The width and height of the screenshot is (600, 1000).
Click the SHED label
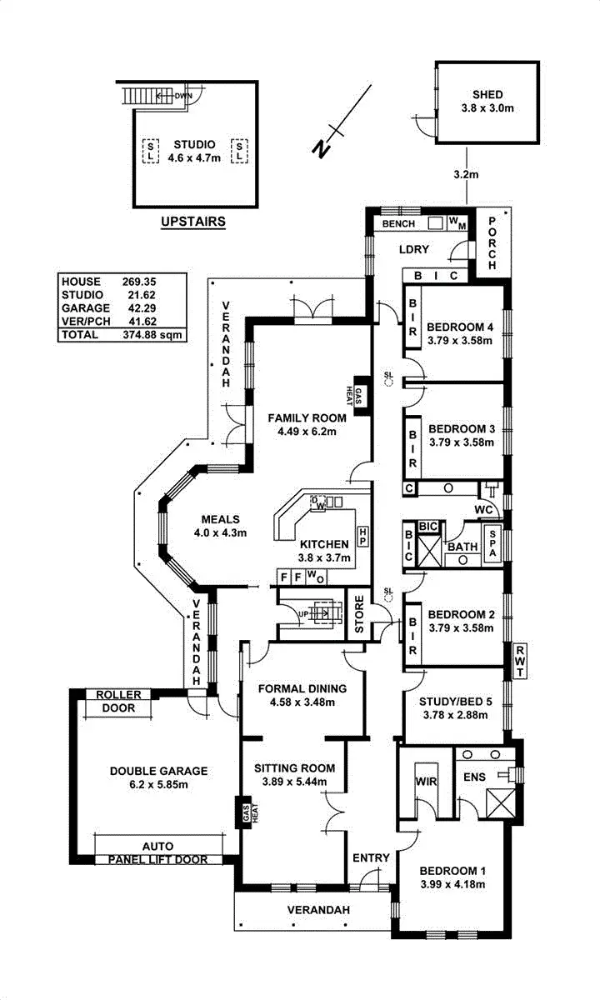tap(487, 95)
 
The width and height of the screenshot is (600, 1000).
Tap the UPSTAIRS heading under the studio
tap(192, 222)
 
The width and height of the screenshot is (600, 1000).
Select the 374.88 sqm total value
tap(147, 335)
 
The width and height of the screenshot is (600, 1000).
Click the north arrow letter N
tap(321, 148)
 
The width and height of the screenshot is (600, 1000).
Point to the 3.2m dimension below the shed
tap(466, 175)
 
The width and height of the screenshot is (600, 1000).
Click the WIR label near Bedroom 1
tap(425, 782)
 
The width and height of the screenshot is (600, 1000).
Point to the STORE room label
tap(359, 614)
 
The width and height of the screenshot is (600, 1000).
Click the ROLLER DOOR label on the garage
tap(118, 702)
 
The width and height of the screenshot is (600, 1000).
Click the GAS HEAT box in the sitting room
tap(246, 813)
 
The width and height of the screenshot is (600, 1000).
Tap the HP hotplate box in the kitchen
tap(362, 532)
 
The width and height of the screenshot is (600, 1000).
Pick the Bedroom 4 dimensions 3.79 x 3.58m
tap(461, 341)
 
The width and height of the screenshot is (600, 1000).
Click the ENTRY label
tap(371, 857)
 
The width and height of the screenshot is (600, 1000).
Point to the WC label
tap(483, 508)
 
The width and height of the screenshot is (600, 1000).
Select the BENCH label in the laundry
tap(397, 224)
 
